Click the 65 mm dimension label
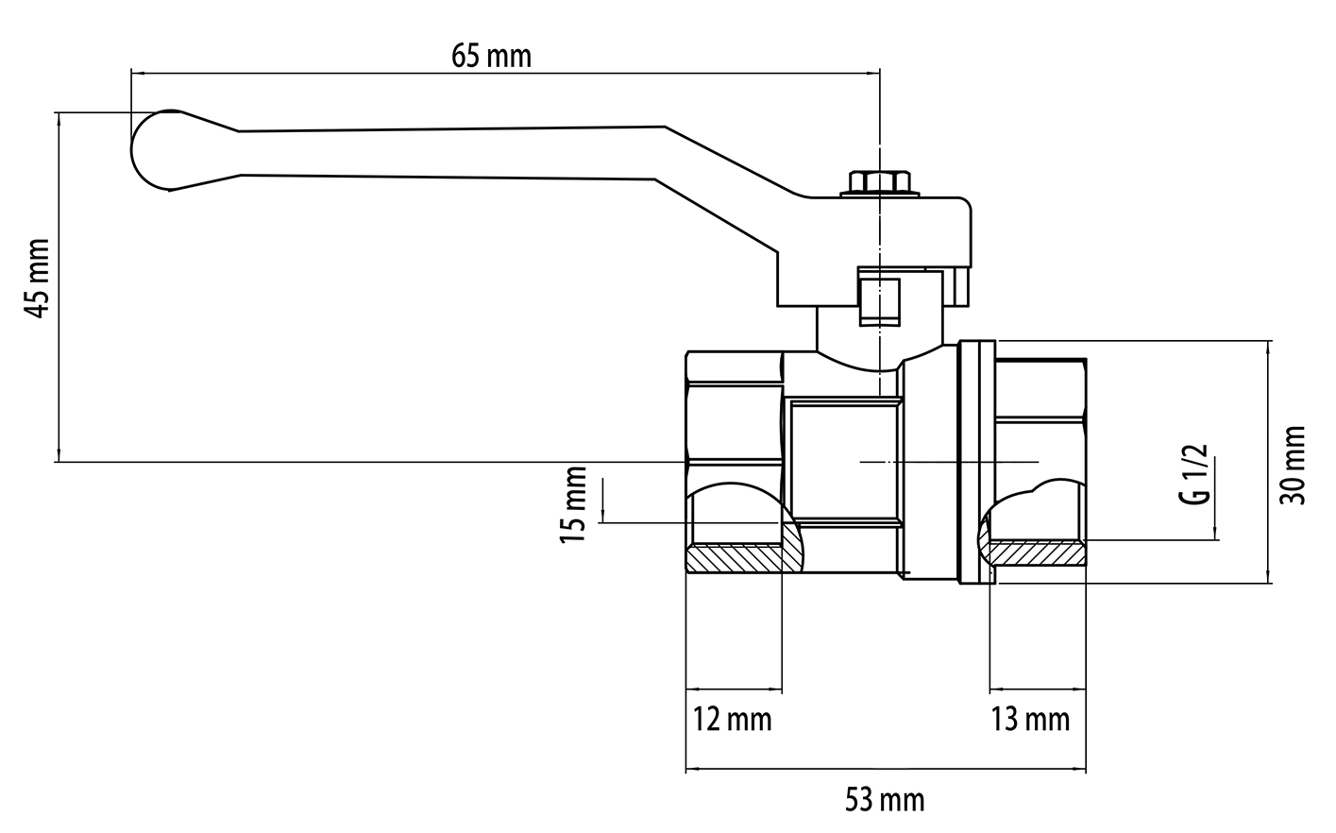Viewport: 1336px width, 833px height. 491,56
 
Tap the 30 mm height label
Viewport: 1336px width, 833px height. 1293,465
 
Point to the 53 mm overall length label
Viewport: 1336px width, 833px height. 884,801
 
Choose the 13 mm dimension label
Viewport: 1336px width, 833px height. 1030,720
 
